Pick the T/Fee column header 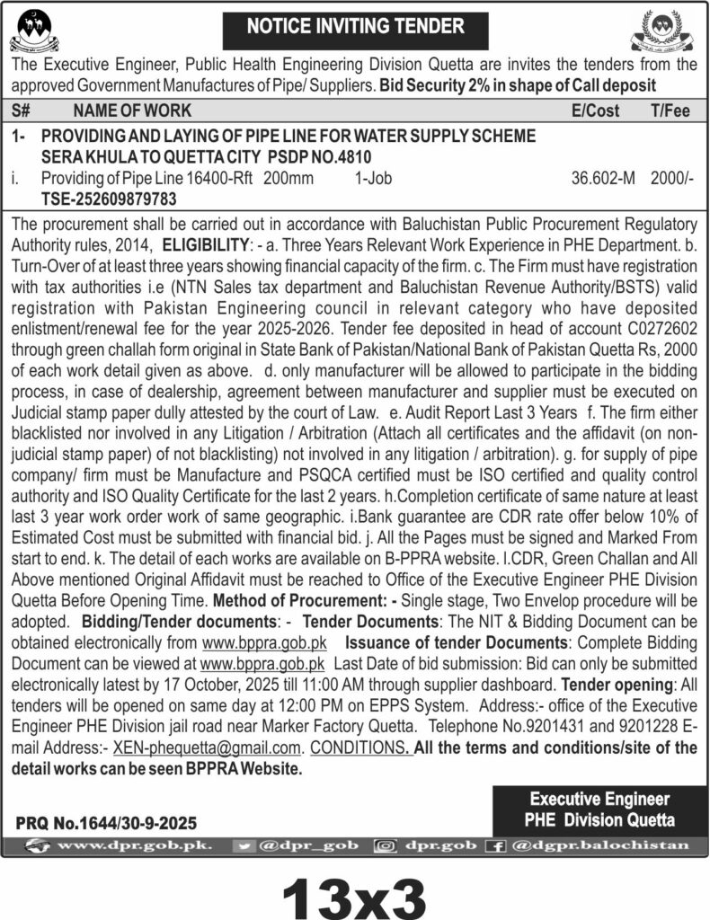pos(670,111)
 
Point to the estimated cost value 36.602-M pos(603,179)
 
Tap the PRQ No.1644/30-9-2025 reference pos(107,822)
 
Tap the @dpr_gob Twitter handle pos(311,845)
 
